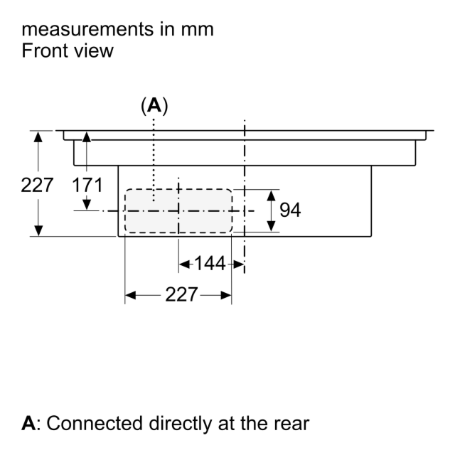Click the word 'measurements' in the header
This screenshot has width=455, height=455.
[x=87, y=29]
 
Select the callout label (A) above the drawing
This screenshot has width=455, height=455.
[x=154, y=106]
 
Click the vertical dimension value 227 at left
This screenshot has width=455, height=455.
[x=37, y=185]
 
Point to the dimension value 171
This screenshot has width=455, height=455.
[x=87, y=185]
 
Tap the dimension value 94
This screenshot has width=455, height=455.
[x=290, y=210]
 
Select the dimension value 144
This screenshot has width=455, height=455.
[x=210, y=264]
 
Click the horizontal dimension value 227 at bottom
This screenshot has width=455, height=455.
[x=181, y=294]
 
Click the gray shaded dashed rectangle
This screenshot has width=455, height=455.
[x=178, y=211]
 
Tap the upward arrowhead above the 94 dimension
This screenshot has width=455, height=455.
[x=271, y=196]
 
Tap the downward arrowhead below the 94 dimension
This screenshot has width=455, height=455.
[x=271, y=226]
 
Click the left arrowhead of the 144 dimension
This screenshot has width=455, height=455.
[x=185, y=264]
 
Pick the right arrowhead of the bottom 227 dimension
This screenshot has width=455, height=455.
[x=226, y=296]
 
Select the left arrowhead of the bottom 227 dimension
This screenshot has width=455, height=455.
[x=130, y=296]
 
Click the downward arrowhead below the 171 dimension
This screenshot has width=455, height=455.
[x=87, y=205]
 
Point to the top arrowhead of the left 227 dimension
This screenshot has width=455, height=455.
[x=38, y=136]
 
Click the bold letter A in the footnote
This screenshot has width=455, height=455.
[x=28, y=424]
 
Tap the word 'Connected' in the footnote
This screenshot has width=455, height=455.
[x=95, y=424]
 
